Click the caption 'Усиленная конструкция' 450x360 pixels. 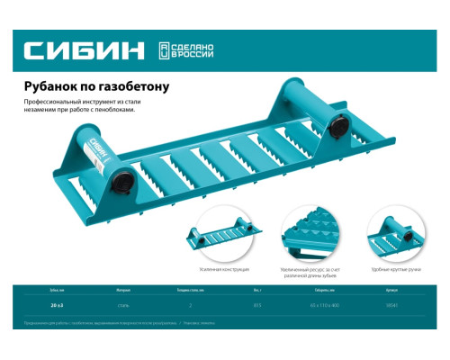[x=223, y=269]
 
